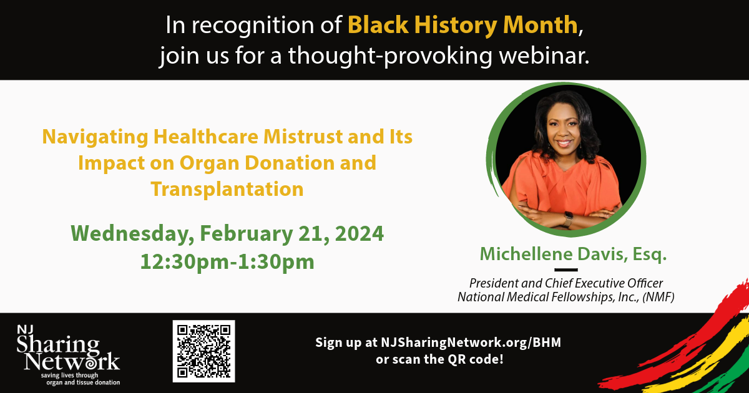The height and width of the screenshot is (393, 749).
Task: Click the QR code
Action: coord(203,351)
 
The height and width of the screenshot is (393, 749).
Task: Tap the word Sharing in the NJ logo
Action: coord(58,346)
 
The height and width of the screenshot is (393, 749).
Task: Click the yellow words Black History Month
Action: coord(463,25)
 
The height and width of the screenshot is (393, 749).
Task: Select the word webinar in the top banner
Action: coord(544,55)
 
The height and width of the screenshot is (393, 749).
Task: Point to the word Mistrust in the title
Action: coord(303,137)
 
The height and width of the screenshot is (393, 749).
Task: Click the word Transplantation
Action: coord(227,189)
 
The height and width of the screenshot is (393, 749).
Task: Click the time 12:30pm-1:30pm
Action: coord(227,261)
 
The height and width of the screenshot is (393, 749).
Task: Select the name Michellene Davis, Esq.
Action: coord(573,254)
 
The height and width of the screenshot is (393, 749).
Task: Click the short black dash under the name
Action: coord(565,269)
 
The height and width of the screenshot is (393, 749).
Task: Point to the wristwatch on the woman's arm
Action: coord(568,220)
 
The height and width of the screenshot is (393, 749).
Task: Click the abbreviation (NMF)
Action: coord(658,297)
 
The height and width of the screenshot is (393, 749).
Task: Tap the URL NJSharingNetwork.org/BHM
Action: coord(471,342)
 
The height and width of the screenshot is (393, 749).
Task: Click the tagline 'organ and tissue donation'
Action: coord(83,382)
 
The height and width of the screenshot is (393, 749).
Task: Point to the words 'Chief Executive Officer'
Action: coord(604,283)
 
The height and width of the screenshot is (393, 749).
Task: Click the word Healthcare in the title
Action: coord(206,137)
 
